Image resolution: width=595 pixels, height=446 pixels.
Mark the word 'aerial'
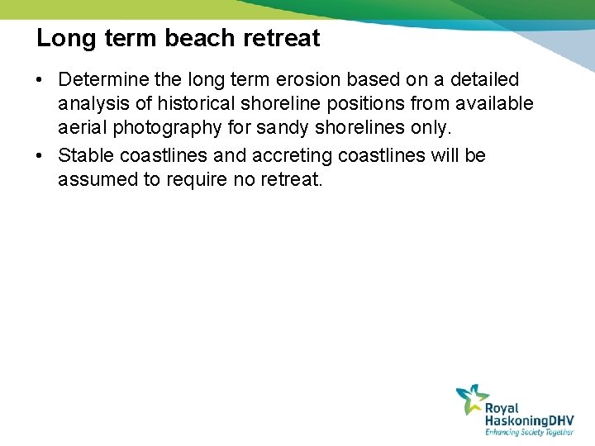coord(81,129)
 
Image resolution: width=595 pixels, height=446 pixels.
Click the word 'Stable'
coord(86,155)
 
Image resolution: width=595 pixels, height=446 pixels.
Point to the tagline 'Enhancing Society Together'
coord(529,432)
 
